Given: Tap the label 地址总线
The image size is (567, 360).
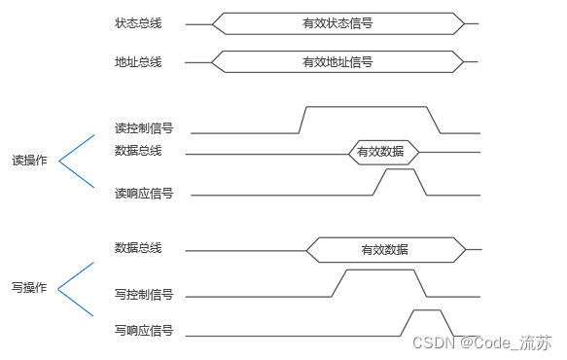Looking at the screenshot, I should point(137,62).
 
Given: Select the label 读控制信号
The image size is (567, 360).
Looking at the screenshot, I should point(143,127).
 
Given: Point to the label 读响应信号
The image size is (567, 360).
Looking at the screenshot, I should point(143,194).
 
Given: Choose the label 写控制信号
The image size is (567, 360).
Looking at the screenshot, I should point(143,294).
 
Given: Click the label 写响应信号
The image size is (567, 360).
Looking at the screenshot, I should point(143,331).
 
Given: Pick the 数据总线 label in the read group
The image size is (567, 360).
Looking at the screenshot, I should point(137,150).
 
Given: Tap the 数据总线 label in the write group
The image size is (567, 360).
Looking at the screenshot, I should point(137,248).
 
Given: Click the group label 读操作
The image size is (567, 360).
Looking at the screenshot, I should point(29,161).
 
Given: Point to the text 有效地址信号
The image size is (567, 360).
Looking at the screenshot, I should point(337,62).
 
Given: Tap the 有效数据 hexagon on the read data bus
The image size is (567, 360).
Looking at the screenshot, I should point(383,152).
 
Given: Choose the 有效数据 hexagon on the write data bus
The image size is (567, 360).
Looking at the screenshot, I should point(384,249).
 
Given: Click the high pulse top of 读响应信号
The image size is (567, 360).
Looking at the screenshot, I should point(401,169).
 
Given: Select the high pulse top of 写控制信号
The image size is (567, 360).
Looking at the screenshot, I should point(379,270).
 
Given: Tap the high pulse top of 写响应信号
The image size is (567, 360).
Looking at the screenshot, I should point(428,310).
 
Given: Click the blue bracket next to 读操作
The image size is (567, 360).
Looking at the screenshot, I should point(75,161).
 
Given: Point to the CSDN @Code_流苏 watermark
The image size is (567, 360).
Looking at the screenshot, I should point(482,342).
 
